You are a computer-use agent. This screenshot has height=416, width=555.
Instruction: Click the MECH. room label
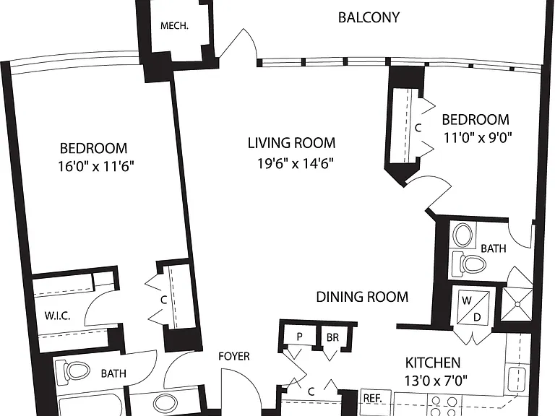point(174,26)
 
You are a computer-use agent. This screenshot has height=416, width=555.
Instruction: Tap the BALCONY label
point(369,17)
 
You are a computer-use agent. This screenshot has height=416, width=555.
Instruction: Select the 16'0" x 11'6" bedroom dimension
point(96,166)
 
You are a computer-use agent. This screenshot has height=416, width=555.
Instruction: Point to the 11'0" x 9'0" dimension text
point(478,137)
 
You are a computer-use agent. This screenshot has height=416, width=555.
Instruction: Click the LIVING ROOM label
point(291,143)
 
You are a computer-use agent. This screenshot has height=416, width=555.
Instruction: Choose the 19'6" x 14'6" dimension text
point(296,163)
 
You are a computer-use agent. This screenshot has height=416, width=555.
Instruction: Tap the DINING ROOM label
point(362,297)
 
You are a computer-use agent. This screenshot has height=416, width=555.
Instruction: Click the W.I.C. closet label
point(57,316)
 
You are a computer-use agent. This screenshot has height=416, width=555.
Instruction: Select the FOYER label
point(234,356)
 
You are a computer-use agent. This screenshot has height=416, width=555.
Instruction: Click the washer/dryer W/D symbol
point(473,308)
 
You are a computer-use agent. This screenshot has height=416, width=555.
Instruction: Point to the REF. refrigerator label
point(373,399)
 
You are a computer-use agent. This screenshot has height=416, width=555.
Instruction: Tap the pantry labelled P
point(299,337)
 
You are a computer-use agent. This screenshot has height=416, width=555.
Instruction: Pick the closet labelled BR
point(332,337)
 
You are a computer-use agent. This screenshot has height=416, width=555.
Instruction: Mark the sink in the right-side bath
point(462,235)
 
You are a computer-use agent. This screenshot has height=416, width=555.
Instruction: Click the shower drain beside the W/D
point(517,304)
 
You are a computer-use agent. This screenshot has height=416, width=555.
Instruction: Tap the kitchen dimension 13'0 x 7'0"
point(436,381)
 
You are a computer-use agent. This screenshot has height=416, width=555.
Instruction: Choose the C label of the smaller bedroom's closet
point(418,128)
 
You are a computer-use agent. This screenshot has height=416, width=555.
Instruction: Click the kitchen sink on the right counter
point(517,379)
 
